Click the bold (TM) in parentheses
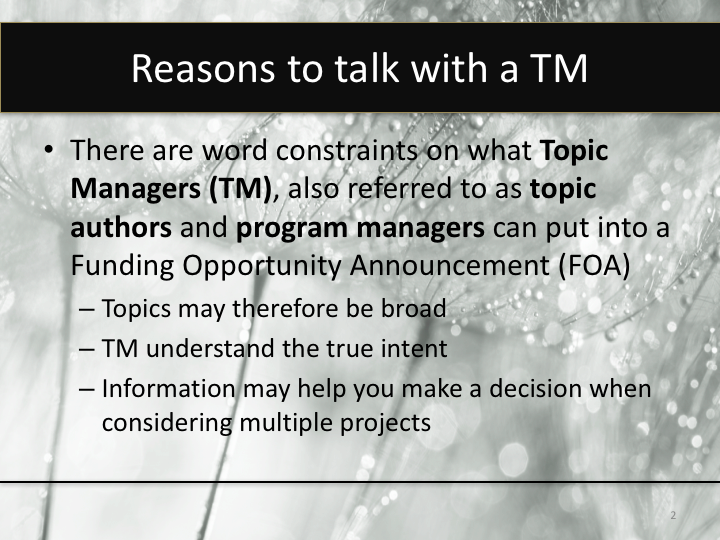click(x=238, y=189)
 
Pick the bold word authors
click(x=121, y=227)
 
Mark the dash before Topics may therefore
click(x=87, y=310)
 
